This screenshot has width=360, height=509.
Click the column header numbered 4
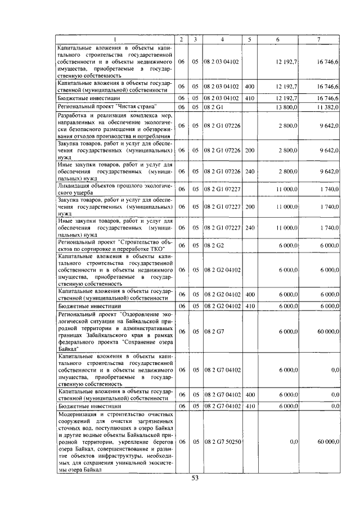(223, 39)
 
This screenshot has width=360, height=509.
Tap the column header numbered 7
(318, 39)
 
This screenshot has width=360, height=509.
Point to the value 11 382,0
(327, 106)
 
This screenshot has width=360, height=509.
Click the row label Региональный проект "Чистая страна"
(107, 106)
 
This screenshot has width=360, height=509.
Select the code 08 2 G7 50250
(223, 443)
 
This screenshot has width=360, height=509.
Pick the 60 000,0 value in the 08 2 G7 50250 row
(327, 443)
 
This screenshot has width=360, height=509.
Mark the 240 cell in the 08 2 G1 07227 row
(250, 228)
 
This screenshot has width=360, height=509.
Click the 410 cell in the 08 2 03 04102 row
(250, 97)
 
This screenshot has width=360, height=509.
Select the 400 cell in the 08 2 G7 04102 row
(250, 395)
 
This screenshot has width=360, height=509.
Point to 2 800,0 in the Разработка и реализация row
(288, 127)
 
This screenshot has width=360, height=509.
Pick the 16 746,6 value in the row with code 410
(327, 97)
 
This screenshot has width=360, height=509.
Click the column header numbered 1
(115, 39)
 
